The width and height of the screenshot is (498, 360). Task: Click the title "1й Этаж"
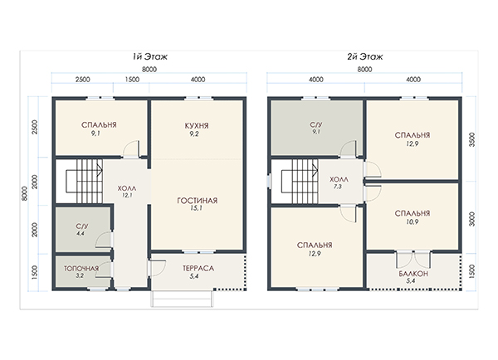coord(150,57)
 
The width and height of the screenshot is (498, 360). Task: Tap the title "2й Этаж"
coord(365,57)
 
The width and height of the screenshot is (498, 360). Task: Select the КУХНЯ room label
coord(197,126)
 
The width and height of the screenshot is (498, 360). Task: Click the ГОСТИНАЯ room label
coord(198,201)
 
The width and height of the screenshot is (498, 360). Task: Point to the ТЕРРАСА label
coord(198,269)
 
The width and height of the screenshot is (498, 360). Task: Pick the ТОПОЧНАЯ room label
coord(81,269)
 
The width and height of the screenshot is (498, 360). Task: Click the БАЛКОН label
coord(413,274)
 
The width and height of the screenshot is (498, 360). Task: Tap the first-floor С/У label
coord(82,226)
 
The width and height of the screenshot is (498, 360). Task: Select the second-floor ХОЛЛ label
coord(339,180)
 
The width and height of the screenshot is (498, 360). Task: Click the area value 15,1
coord(196,208)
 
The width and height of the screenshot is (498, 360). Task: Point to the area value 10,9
coord(412,222)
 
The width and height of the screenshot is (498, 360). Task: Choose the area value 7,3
coord(338,187)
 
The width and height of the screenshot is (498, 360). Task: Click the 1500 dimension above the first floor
coord(132,80)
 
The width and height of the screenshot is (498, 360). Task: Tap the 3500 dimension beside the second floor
coord(472,139)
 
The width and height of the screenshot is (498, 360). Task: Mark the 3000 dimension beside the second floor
coord(472,219)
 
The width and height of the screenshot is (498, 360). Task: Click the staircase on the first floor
coord(85,181)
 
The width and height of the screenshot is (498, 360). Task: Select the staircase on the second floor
coord(300,181)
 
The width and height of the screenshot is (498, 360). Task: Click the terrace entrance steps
coord(182,299)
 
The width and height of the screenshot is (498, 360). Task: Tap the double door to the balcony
coord(413,260)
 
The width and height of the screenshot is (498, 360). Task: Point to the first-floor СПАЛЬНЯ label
coord(99,125)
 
